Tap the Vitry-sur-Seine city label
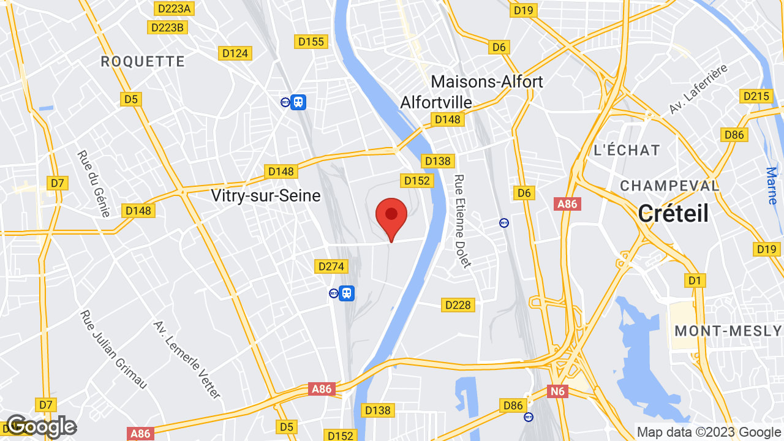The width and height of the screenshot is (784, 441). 265,195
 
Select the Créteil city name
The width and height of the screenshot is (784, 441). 673,214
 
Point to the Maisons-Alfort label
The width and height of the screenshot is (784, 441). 487,81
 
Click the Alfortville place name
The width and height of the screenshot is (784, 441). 436,102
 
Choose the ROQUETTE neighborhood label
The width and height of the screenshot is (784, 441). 143,61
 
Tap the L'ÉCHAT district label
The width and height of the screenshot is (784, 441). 627,150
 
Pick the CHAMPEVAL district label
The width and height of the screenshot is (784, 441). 669,186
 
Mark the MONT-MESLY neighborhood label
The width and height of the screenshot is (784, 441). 728,331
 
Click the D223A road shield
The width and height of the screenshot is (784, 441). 175,8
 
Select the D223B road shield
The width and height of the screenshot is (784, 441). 167,28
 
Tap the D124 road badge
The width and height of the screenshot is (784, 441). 235,53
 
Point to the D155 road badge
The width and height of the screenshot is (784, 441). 311,42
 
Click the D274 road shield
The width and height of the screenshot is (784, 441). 331,266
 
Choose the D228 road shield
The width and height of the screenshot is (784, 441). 458,304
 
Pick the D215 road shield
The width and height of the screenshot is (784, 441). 756,96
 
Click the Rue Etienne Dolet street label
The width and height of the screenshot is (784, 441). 462,221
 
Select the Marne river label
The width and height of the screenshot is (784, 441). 772,186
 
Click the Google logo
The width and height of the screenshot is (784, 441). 41,426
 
